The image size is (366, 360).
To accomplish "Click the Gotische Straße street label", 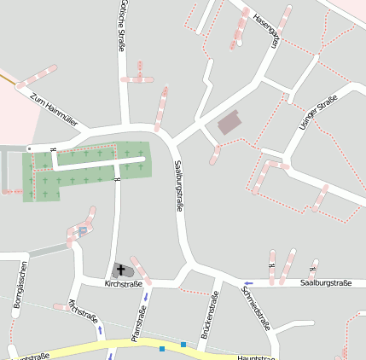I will click(124, 25).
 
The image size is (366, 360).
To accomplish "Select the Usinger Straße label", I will click(313, 115).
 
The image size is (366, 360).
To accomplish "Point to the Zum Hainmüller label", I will click(53, 108).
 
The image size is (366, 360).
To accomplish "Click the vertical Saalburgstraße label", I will click(179, 185).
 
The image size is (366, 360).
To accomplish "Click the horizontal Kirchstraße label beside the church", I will click(122, 282).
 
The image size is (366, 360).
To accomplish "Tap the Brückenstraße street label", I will click(209, 315).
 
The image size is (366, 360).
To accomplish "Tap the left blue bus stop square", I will click(162, 348).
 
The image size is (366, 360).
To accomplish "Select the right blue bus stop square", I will click(183, 344).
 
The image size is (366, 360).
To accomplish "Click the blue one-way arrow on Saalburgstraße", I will click(248, 283).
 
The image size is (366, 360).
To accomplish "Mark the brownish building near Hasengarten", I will click(229, 124).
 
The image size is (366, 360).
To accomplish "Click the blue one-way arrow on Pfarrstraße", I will click(146, 297).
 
